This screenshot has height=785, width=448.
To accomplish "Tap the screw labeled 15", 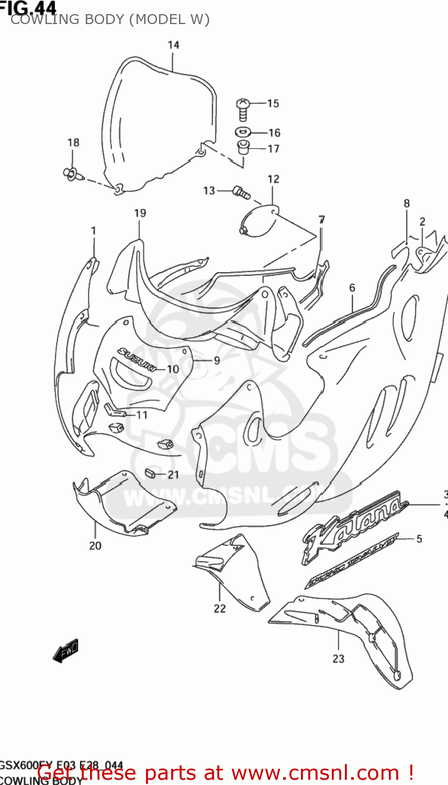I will [x=242, y=108].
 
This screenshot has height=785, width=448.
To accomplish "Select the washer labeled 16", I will [x=243, y=131].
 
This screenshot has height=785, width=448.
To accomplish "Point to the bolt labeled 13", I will [x=240, y=192].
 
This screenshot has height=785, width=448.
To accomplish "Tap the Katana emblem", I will [x=353, y=526].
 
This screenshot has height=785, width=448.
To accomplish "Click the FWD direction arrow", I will [x=66, y=651].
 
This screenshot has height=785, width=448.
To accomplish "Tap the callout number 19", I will [x=140, y=214].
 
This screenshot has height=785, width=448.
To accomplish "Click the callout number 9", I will [x=216, y=360].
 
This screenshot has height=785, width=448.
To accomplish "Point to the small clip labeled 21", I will [x=150, y=474].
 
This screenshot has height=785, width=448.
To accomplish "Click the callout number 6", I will [x=352, y=287].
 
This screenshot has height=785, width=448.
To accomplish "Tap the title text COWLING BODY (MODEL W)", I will [x=110, y=20].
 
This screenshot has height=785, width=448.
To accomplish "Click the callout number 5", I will [x=419, y=539].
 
